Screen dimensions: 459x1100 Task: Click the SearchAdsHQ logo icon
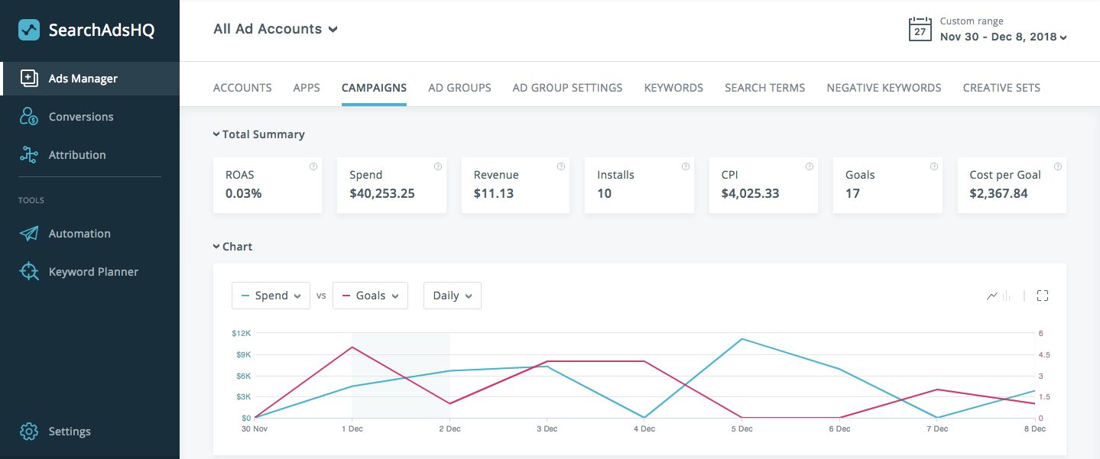point(29,31)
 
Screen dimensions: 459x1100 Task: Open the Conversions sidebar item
point(80,117)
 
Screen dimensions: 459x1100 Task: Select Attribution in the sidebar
point(76,155)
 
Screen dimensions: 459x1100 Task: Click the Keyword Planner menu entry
point(93,272)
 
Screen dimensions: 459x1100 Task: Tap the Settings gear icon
point(29,432)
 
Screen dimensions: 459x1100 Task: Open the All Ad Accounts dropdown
point(275,29)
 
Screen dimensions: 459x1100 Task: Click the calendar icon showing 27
point(920,30)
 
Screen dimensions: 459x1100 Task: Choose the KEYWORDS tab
point(673,88)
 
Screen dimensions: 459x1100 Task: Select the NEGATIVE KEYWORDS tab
point(884,88)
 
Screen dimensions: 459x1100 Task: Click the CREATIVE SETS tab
point(1001,88)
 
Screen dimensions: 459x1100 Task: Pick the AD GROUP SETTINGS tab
point(567,88)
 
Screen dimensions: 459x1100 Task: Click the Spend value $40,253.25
point(382,194)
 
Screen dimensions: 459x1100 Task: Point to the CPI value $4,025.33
point(750,194)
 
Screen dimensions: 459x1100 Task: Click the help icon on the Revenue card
point(561,166)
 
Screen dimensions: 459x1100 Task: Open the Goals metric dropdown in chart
point(370,296)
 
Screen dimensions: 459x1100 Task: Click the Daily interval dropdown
point(452,296)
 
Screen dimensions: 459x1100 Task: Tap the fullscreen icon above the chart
point(1042,296)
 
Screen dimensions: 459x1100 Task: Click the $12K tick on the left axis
point(241,334)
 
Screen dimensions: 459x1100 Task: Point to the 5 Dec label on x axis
point(741,429)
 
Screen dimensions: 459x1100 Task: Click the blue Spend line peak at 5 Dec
point(741,338)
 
